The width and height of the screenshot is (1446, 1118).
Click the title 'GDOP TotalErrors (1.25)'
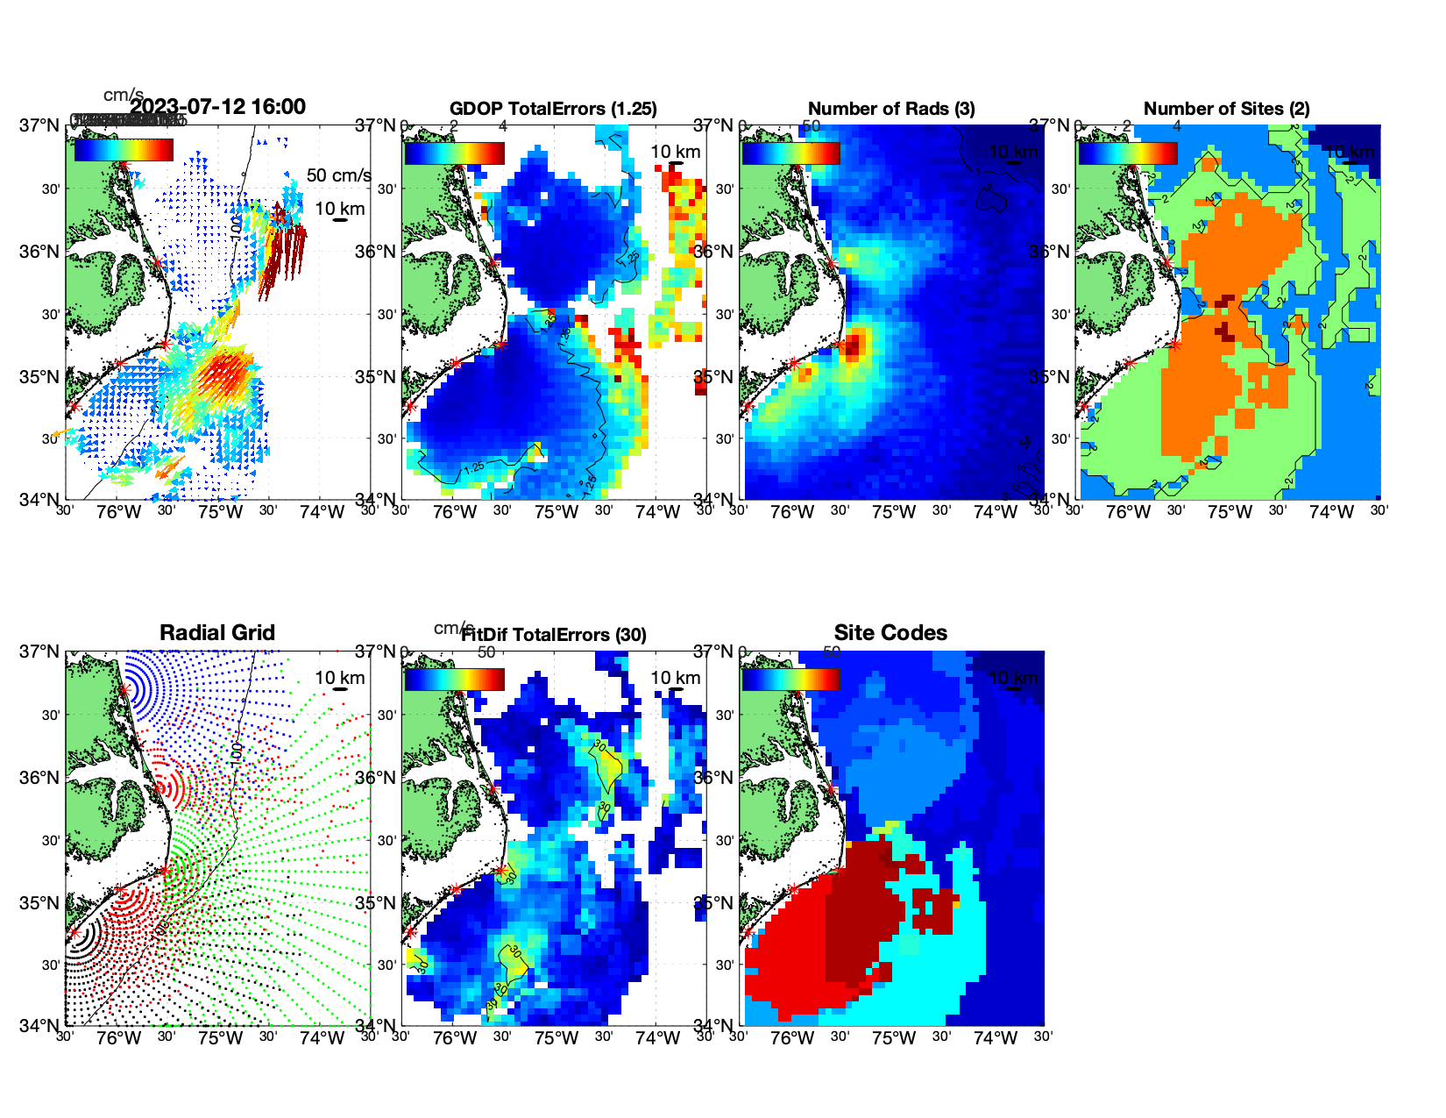click(553, 109)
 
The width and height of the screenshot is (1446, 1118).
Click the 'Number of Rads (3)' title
click(891, 109)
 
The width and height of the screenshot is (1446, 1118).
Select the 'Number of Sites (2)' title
click(1226, 109)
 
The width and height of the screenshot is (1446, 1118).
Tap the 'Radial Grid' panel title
click(217, 632)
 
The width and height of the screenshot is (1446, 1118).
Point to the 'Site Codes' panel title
click(890, 632)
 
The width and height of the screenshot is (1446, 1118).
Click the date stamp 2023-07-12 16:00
click(217, 107)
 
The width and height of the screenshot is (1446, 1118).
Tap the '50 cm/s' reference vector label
click(338, 175)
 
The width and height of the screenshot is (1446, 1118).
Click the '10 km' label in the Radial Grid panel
click(339, 678)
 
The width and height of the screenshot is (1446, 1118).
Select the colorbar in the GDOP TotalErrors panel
click(454, 153)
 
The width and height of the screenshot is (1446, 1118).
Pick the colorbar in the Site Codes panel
click(790, 679)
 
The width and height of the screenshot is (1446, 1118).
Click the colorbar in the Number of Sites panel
click(1127, 153)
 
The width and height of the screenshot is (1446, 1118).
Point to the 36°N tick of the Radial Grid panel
click(39, 778)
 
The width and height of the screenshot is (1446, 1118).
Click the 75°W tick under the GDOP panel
click(556, 512)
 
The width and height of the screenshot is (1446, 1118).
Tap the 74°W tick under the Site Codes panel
click(995, 1038)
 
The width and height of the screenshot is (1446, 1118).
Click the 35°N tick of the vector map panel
click(39, 377)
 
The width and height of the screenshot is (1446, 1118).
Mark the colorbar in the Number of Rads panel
click(790, 153)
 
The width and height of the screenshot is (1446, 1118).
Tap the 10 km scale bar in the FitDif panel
click(676, 689)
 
